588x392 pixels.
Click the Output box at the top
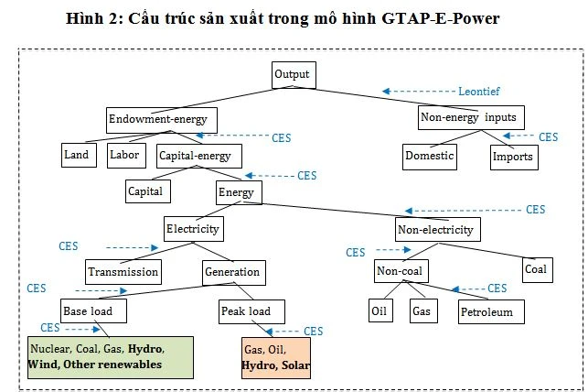(x=293, y=75)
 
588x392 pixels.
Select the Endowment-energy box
(x=158, y=119)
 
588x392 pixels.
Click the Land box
(x=78, y=155)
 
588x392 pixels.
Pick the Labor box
(x=125, y=155)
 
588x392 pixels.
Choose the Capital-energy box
(x=200, y=156)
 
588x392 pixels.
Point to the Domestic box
(x=429, y=156)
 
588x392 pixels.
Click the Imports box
(x=512, y=157)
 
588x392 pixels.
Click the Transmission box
(x=123, y=272)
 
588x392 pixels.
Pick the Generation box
(x=232, y=272)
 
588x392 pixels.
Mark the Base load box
(x=92, y=311)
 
